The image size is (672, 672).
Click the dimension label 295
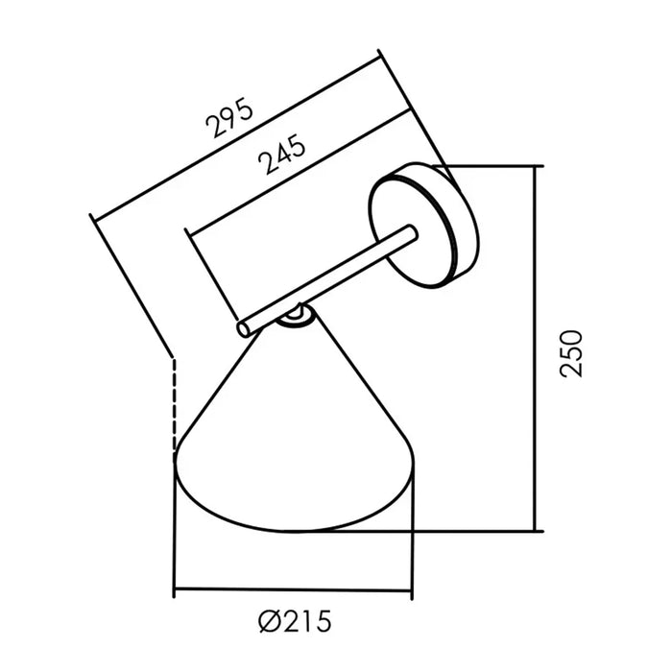tap(229, 117)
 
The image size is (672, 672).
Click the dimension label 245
tap(282, 154)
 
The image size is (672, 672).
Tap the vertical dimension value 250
tap(572, 353)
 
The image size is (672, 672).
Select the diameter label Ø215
tap(296, 621)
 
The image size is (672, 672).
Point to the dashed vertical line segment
tap(174, 411)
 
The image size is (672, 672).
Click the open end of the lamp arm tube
tap(244, 330)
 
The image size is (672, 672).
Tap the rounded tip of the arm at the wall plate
tap(411, 230)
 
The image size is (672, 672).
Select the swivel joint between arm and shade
tap(294, 317)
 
